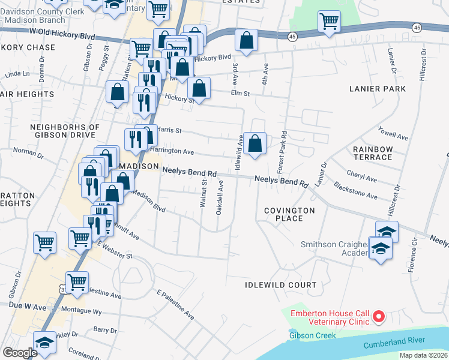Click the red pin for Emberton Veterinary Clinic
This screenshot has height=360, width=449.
coord(379,316)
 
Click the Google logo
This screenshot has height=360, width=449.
coord(20,353)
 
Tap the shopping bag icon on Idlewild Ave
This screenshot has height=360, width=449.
coord(255,145)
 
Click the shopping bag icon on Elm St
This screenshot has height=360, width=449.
coord(199,89)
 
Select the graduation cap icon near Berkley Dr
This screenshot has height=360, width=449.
coord(44,343)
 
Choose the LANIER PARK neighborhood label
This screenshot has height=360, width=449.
coord(378,89)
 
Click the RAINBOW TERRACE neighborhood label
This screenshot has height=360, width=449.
coord(373,153)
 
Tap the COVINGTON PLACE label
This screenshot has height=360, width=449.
coord(289,214)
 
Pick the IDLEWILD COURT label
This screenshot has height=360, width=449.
coord(280,284)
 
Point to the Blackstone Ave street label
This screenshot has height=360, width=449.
coord(355,191)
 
